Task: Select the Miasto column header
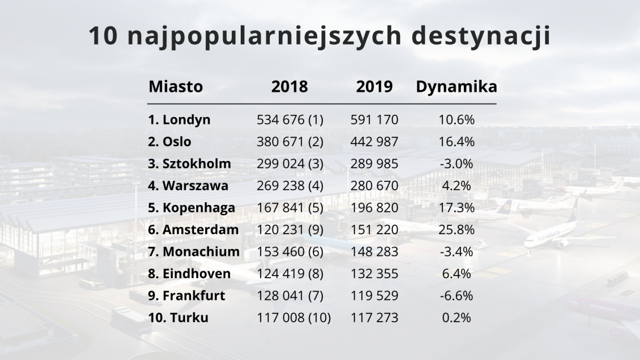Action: tap(176, 86)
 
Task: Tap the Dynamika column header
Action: tap(456, 86)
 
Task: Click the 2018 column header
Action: tap(289, 86)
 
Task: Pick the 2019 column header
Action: tap(374, 86)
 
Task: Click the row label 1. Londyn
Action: tap(179, 120)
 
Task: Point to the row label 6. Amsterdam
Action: tap(193, 229)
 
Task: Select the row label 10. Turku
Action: tap(178, 317)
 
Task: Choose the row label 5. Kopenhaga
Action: tap(191, 207)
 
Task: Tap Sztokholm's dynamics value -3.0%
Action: tap(456, 164)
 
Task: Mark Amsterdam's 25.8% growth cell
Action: tap(456, 229)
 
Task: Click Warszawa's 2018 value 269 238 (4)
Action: tap(290, 186)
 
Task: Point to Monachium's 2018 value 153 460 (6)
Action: tap(290, 251)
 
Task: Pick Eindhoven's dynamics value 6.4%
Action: tap(456, 273)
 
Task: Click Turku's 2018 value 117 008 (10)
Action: tap(294, 317)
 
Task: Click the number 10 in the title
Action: tap(103, 36)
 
